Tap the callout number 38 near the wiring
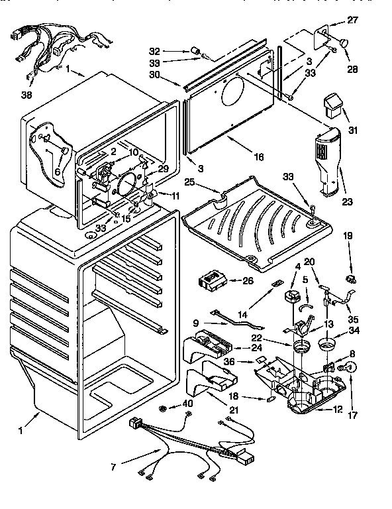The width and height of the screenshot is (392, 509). [26, 95]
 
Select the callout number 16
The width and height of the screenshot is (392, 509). [258, 157]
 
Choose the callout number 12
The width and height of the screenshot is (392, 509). [338, 410]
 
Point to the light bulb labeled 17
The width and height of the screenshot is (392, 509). [352, 368]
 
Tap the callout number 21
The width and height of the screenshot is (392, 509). [232, 411]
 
